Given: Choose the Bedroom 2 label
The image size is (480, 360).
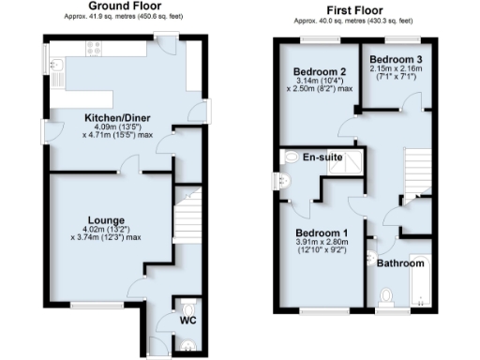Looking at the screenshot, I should (320, 71).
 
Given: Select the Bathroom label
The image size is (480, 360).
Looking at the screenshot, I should (401, 263).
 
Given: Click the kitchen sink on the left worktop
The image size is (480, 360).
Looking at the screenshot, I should (58, 67).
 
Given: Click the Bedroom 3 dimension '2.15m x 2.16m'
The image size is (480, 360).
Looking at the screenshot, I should (397, 69).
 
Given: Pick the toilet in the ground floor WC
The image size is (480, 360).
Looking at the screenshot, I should (190, 309).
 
